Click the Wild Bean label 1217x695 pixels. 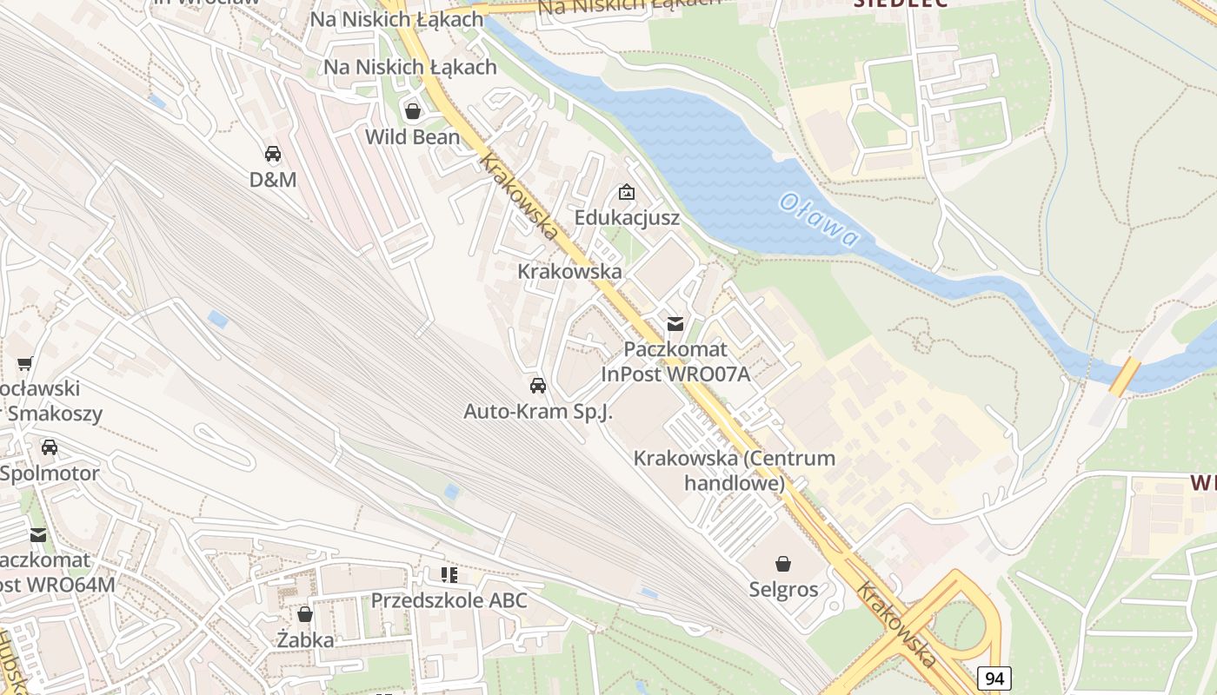tap(412, 136)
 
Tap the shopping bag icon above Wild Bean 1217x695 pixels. tap(413, 111)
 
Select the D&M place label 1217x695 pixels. tap(273, 180)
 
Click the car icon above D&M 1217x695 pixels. tap(273, 154)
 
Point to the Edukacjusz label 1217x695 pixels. tap(627, 217)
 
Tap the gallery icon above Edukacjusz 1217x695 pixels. tap(626, 192)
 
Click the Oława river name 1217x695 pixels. tap(818, 220)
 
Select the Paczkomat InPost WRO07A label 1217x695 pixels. tap(675, 361)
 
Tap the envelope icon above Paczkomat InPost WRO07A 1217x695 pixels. tap(675, 324)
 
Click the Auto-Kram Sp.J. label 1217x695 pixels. tap(538, 412)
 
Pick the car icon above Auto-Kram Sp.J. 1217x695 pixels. tap(538, 386)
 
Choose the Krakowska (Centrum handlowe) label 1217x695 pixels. tap(735, 470)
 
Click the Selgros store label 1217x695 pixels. tap(783, 589)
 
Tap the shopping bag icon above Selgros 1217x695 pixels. tap(783, 564)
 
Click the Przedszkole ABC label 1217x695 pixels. tap(449, 600)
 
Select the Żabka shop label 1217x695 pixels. tap(305, 640)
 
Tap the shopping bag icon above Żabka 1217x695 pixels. tap(305, 614)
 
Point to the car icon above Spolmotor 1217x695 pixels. tap(50, 447)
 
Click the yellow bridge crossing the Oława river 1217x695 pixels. tap(1124, 375)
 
